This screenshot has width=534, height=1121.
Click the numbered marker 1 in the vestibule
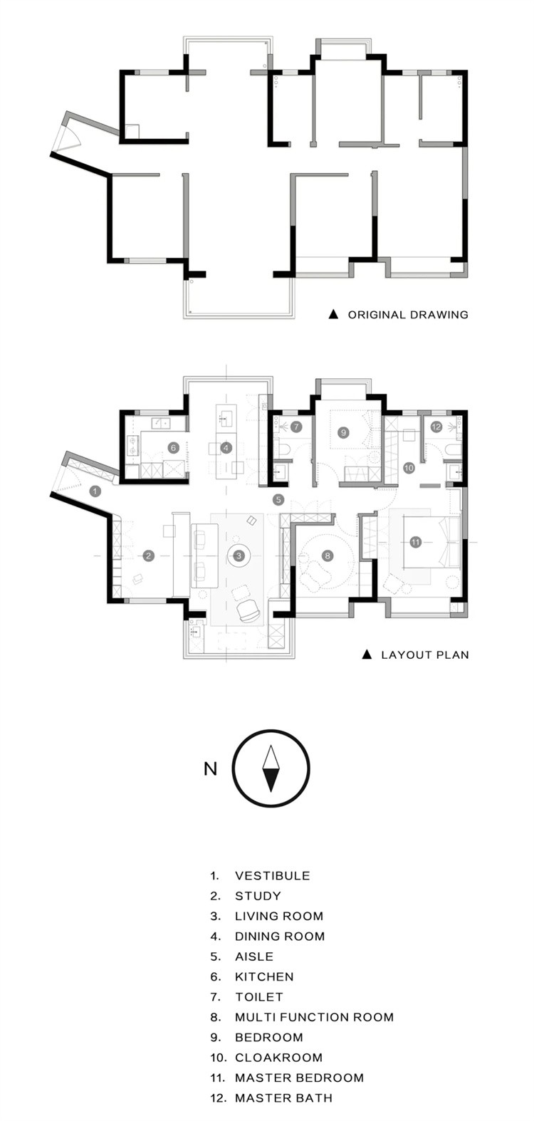(95, 491)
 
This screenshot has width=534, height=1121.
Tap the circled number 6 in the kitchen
(174, 447)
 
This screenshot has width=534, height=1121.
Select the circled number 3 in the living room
(239, 556)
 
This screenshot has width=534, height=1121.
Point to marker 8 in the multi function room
(328, 555)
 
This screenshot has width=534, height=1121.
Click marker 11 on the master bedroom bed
(415, 541)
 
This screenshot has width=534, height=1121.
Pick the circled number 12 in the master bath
(436, 427)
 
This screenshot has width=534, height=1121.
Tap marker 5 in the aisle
(279, 499)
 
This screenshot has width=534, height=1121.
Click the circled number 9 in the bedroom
(342, 432)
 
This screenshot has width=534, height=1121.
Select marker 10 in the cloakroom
(409, 468)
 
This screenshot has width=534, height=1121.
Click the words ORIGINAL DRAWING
(408, 315)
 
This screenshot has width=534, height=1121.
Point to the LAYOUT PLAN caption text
(425, 655)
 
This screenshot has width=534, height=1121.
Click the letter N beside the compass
(210, 768)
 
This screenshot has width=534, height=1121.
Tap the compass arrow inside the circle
(271, 768)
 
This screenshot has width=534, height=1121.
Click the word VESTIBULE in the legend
(273, 876)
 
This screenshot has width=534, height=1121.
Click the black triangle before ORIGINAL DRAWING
(333, 315)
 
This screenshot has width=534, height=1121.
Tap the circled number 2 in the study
(148, 555)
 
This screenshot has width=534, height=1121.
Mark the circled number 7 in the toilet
(296, 427)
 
